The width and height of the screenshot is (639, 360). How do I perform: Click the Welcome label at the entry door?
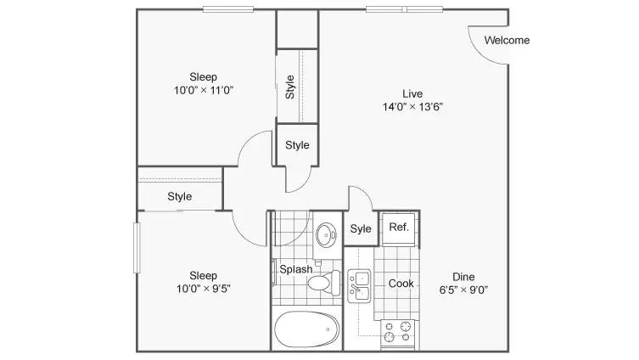point(507,40)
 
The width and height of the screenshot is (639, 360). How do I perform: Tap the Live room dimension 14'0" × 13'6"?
point(412,107)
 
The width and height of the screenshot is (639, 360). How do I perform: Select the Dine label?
point(463,277)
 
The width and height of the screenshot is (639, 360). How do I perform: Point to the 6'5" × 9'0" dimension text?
point(463,290)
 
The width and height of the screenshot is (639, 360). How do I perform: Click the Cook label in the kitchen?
point(401,284)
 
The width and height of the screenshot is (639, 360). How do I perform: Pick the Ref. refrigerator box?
point(399,228)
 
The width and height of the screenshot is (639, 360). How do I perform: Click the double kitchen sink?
point(359,285)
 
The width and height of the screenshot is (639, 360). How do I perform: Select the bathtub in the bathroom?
point(307,329)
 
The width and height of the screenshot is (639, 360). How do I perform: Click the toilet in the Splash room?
point(324,283)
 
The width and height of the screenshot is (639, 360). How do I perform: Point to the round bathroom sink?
point(327,234)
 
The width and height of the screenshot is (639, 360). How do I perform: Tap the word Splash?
point(296,269)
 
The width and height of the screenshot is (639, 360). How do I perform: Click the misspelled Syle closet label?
point(361,229)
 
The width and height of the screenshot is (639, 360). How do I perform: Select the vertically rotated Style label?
point(289,87)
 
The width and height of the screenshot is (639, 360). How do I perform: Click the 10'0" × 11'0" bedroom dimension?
point(204,90)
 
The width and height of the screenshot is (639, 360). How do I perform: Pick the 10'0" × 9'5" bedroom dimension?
point(204,289)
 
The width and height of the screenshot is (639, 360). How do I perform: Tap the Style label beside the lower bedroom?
point(180,196)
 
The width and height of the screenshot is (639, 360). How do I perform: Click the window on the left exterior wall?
point(137,247)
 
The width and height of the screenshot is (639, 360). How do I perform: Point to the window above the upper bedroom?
point(228,9)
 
